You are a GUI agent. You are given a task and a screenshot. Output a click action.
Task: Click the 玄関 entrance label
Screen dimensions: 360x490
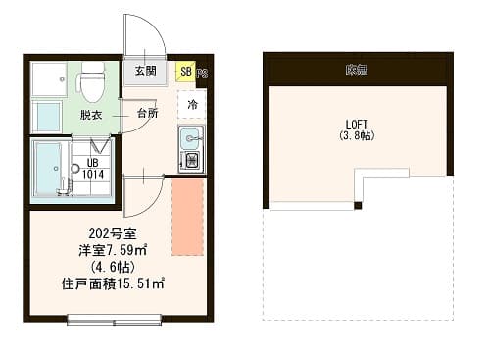[x=145, y=71]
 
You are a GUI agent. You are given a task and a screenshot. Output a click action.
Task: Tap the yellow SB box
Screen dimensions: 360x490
[x=185, y=72]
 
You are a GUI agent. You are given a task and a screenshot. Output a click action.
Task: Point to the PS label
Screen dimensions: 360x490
[x=201, y=74]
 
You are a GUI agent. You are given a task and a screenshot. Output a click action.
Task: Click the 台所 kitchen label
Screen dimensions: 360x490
[x=147, y=114]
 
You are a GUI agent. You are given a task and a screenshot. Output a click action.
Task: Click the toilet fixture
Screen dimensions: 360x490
[x=92, y=82]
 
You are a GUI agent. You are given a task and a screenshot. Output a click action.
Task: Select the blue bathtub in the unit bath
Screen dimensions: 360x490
[x=47, y=170]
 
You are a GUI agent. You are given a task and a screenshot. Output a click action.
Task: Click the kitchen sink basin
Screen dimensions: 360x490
[x=189, y=137]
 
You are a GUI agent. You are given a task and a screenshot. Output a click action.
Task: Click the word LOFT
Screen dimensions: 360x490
[x=357, y=124]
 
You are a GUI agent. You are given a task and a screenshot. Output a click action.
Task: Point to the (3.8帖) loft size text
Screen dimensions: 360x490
[x=357, y=136]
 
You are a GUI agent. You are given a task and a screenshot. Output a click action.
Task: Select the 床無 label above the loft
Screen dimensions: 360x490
[x=356, y=70]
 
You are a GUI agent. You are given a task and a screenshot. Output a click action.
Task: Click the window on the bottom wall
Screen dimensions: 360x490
[x=116, y=318]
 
